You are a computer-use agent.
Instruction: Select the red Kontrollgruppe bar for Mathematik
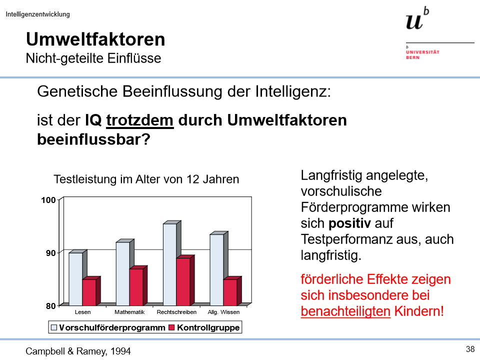coord(136,287)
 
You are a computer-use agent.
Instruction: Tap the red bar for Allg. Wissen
coord(230,292)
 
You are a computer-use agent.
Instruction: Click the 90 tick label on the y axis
coord(50,253)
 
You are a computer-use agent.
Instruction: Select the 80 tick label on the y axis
coord(50,305)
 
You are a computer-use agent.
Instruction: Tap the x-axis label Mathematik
coord(129,312)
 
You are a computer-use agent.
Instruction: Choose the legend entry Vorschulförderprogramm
coord(111,328)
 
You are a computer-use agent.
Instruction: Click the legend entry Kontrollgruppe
coord(208,328)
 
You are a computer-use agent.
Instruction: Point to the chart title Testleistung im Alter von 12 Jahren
coord(146,179)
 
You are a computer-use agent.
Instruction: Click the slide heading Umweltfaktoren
coord(95,39)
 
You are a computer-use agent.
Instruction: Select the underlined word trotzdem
coord(140,120)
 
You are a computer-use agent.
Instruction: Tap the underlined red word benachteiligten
coord(345,311)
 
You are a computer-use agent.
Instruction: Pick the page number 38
coord(469,349)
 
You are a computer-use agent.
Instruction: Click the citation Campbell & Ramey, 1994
coord(78,351)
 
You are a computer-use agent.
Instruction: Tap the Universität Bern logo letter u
coord(414,21)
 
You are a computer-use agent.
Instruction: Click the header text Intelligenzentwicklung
coord(38,14)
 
